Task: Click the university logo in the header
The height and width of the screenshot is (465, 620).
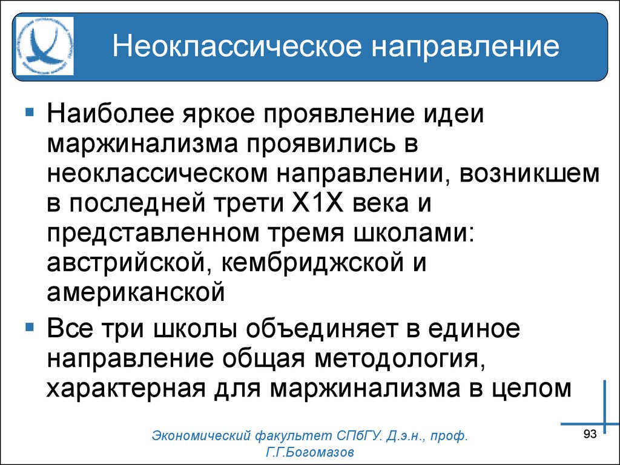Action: tap(45, 46)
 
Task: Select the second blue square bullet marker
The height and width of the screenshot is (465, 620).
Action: tap(29, 327)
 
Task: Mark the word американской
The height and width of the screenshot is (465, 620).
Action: tap(136, 292)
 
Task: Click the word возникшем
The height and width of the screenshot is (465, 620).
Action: tap(529, 174)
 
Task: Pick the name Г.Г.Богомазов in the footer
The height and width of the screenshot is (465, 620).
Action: tap(310, 452)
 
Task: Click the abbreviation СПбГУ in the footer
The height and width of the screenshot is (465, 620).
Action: tap(358, 436)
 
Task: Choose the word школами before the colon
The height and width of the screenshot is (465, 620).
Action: tap(411, 233)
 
